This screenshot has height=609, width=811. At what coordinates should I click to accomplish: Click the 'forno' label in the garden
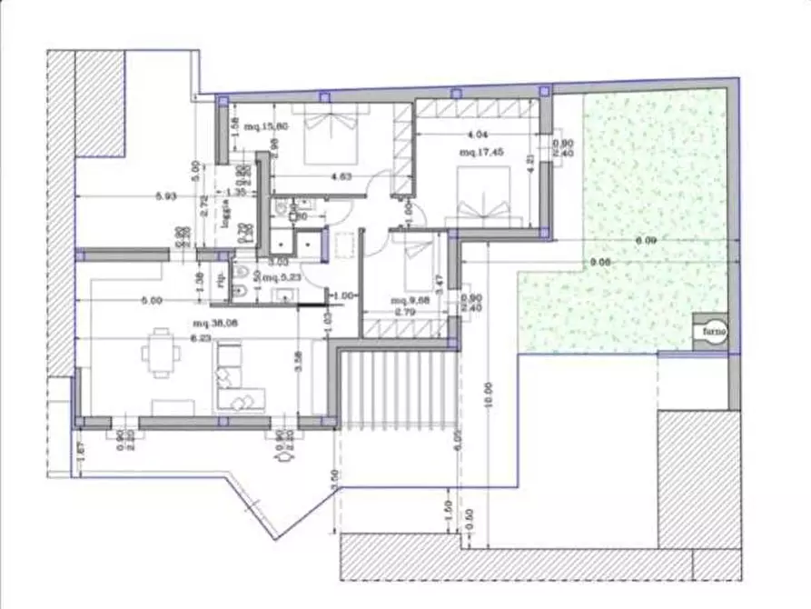[x=710, y=334]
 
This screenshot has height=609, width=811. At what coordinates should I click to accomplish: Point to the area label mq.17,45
[x=479, y=153]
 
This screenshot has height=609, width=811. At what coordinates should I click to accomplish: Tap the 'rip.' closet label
[x=222, y=281]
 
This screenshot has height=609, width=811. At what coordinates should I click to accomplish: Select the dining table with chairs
[x=163, y=352]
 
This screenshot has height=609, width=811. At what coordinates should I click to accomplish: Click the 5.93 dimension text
[x=165, y=195]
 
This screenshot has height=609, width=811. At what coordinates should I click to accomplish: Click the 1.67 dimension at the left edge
[x=81, y=447]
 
